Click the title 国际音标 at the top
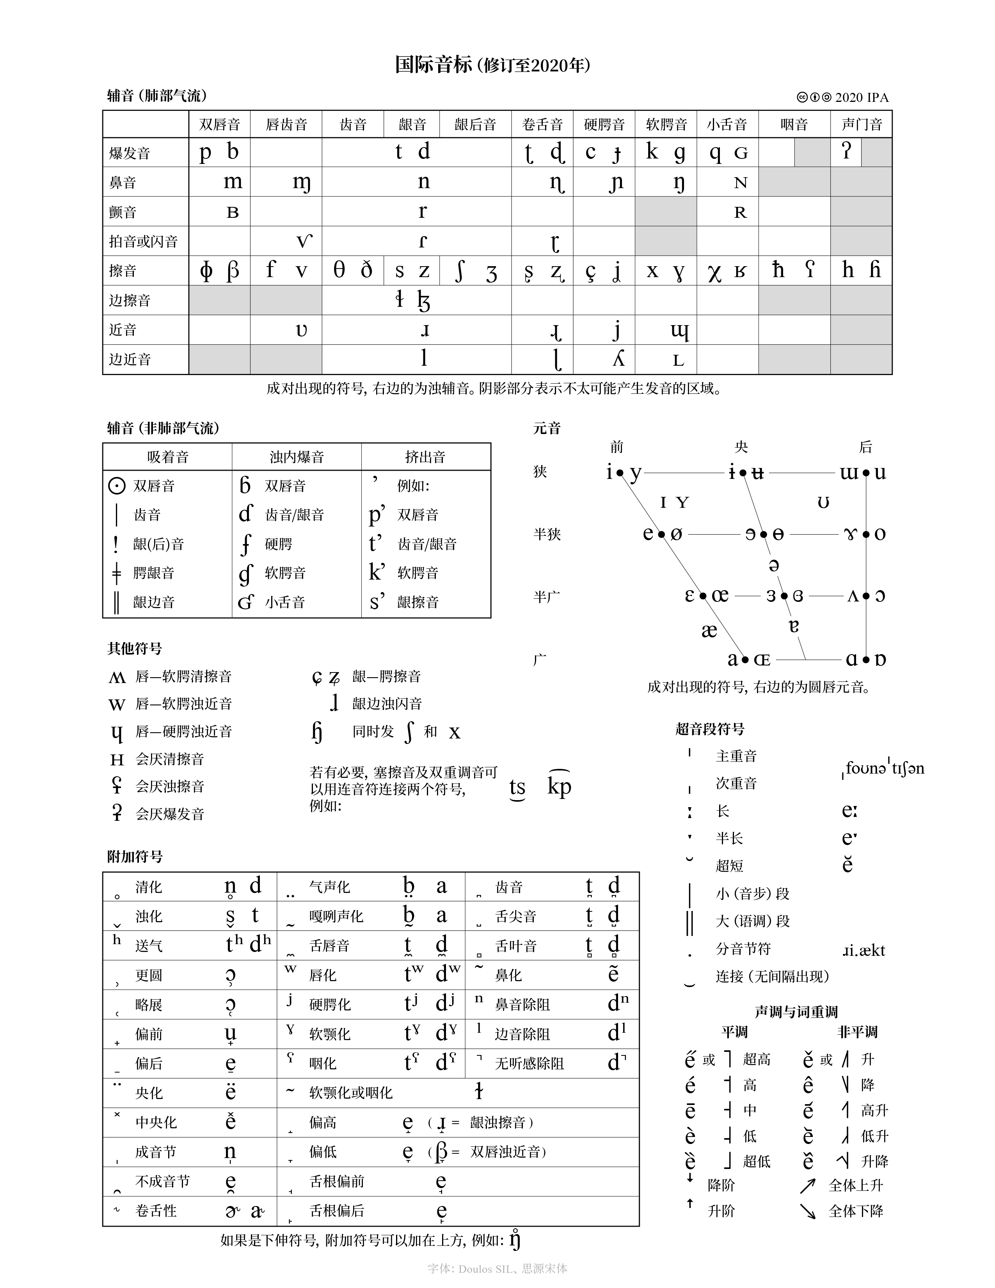433,65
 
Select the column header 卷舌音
542,125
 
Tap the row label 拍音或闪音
143,241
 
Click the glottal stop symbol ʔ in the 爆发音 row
846,151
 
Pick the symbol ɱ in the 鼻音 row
301,183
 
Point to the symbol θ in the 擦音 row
339,271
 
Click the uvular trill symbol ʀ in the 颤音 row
740,213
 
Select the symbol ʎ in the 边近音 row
618,359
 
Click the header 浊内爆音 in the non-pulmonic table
297,457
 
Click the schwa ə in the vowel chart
774,566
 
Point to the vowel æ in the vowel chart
709,630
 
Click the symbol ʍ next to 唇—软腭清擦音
117,677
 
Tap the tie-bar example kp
559,786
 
